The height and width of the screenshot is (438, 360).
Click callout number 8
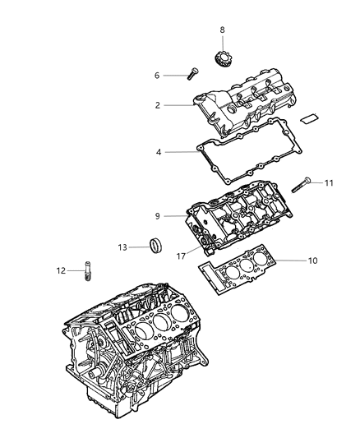click(x=221, y=30)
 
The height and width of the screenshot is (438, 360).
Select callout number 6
click(x=157, y=75)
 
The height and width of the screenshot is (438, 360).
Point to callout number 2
click(x=157, y=105)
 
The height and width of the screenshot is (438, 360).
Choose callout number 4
click(x=159, y=151)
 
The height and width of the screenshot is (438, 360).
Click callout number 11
click(x=329, y=182)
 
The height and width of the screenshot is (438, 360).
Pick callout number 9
click(x=158, y=216)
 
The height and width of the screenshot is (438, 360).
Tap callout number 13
click(x=122, y=247)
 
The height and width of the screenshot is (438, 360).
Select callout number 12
click(x=61, y=270)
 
